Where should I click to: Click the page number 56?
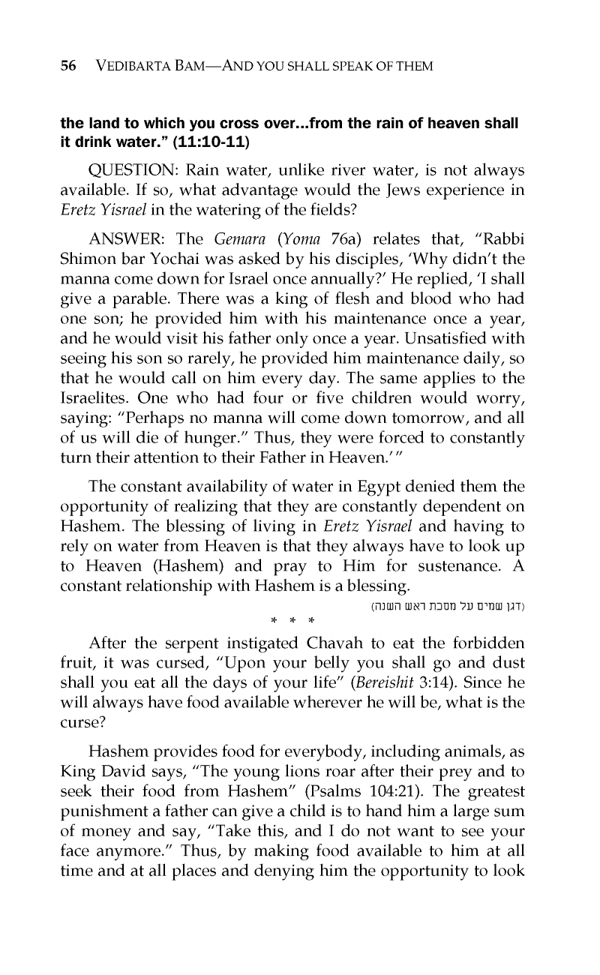(68, 66)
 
